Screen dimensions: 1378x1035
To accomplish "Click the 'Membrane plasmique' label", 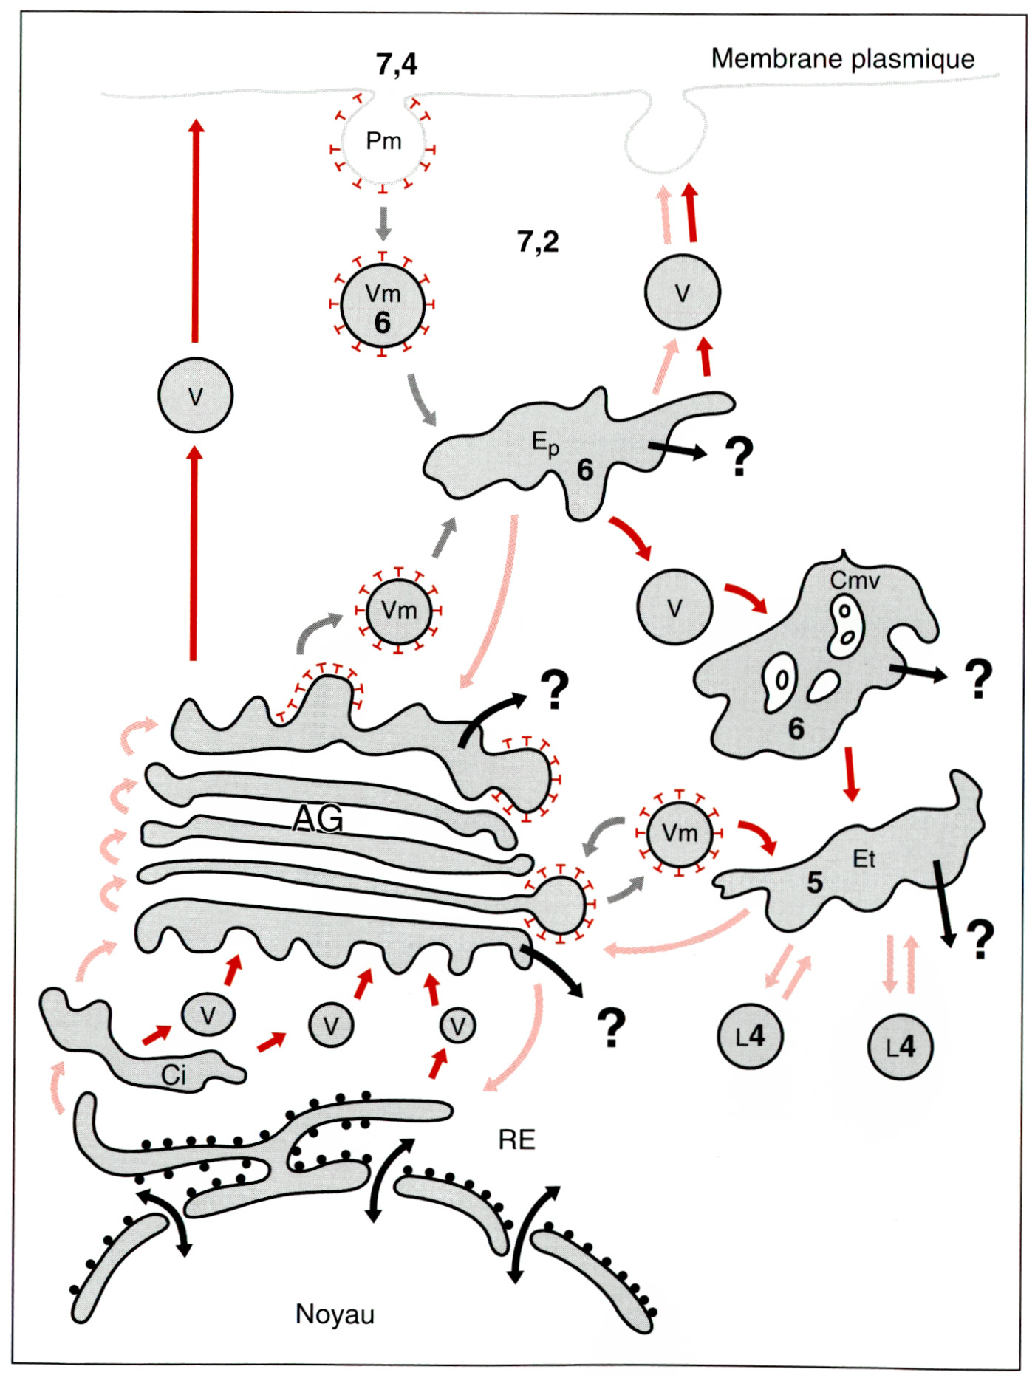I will coord(842,58).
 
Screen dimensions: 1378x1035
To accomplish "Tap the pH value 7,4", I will coord(396,64).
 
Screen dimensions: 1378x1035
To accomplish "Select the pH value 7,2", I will coord(538,241).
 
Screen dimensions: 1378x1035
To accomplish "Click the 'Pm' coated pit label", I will coord(383,140).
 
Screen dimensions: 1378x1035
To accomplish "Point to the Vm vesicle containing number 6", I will coord(383,306).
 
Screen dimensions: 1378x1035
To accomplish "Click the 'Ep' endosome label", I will coord(545,443).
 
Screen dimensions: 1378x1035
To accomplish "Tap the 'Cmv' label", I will coord(855,580).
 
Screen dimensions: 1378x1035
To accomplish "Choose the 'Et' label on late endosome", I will coord(864,859).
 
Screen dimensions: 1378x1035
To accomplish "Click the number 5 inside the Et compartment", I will coord(814,882).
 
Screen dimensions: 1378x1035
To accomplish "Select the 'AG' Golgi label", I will coord(318,818).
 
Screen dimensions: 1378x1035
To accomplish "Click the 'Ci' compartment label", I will coord(174,1075).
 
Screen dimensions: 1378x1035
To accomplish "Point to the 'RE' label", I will coord(516,1139).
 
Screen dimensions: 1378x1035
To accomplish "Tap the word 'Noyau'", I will coord(335,1314).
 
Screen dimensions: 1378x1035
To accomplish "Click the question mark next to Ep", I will coord(739,456).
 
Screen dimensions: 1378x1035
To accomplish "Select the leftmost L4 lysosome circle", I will coord(750,1036).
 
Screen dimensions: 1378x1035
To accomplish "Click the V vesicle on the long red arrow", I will coord(195,397).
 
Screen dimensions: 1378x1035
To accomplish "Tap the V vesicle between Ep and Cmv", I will coord(674,607).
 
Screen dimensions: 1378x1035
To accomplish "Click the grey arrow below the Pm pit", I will coord(383,223).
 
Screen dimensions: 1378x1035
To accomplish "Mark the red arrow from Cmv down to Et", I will coord(851,774).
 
